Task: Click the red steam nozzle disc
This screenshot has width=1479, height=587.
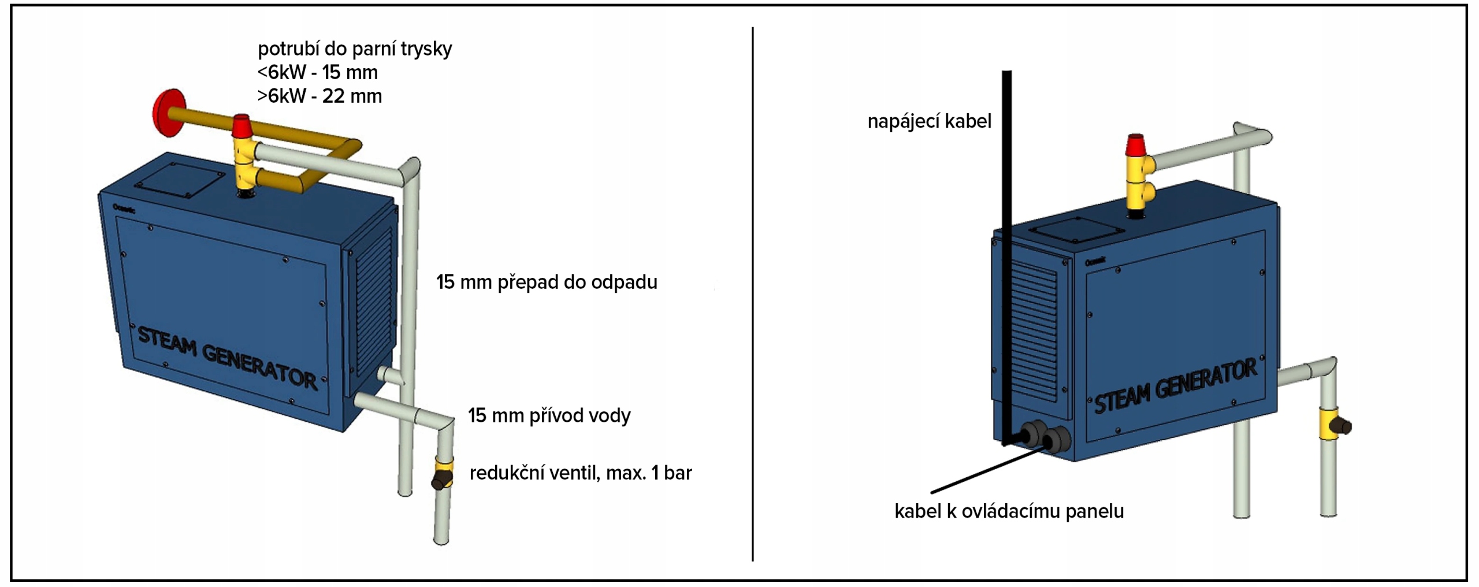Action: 167,113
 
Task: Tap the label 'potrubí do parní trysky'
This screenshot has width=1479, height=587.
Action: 354,49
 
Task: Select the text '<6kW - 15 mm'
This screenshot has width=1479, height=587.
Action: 317,73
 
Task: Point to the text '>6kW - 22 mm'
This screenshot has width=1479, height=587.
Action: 319,96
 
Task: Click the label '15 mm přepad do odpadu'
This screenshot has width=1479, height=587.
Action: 547,283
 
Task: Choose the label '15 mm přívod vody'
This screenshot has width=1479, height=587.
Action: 549,415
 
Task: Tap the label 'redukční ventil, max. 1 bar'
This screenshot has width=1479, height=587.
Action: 580,473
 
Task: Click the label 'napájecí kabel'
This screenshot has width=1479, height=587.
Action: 929,121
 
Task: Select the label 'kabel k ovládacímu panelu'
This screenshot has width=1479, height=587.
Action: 1009,511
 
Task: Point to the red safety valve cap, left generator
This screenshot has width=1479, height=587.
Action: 241,125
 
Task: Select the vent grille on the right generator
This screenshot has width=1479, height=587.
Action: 1034,329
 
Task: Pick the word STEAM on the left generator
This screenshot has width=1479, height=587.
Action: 167,341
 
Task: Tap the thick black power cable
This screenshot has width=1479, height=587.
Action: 1006,231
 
